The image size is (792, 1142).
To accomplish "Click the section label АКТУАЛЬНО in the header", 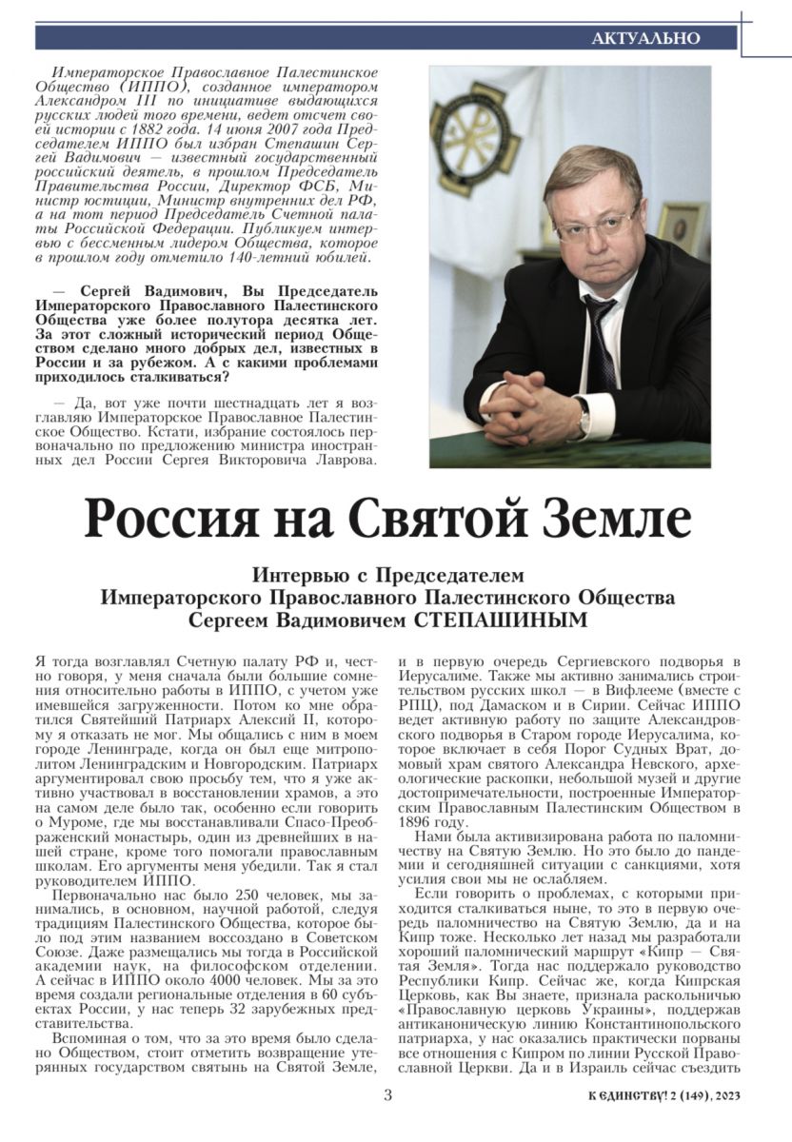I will click(645, 38).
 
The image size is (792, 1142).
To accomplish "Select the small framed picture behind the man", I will click(681, 229).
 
